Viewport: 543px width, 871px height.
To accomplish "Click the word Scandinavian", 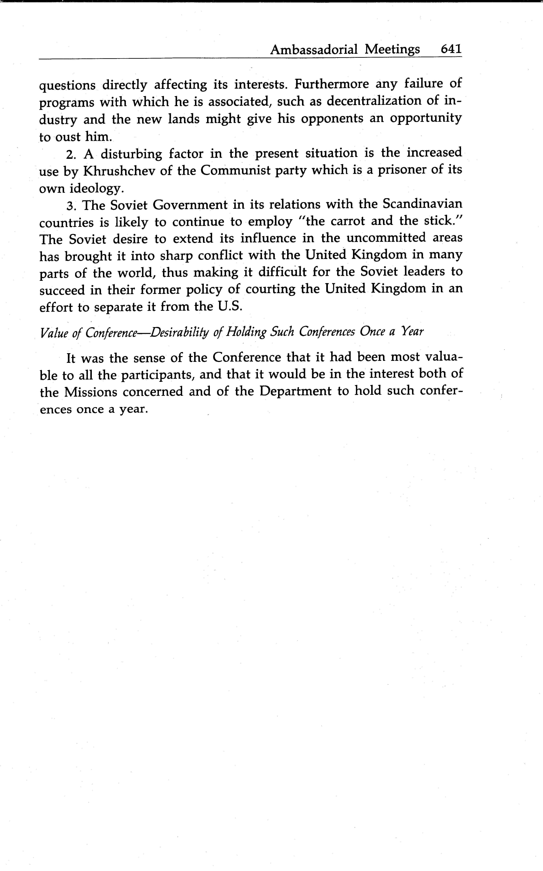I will click(x=422, y=204).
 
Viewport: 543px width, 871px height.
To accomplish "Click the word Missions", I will click(x=90, y=392).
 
